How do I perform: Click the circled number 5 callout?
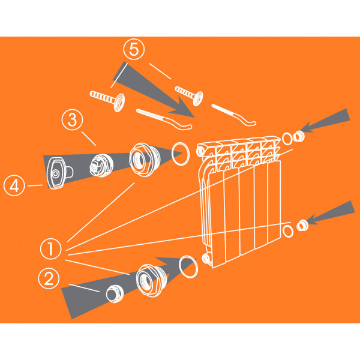(134, 49)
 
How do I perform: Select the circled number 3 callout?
(73, 119)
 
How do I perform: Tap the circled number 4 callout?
(14, 185)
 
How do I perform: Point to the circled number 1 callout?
(51, 249)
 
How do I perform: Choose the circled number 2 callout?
(49, 278)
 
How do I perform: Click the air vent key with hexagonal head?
(59, 173)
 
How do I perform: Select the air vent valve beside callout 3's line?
(101, 166)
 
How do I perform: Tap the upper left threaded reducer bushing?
(145, 160)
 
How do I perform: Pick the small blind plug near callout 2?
(115, 293)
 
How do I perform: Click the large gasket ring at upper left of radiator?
(181, 154)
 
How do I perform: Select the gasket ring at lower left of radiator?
(188, 267)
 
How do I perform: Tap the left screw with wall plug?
(107, 100)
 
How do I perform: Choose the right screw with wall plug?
(189, 95)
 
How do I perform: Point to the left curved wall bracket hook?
(164, 119)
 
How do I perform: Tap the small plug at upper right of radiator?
(299, 136)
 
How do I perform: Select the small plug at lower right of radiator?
(302, 225)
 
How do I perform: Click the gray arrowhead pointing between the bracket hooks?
(182, 107)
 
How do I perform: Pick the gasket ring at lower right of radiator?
(288, 231)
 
